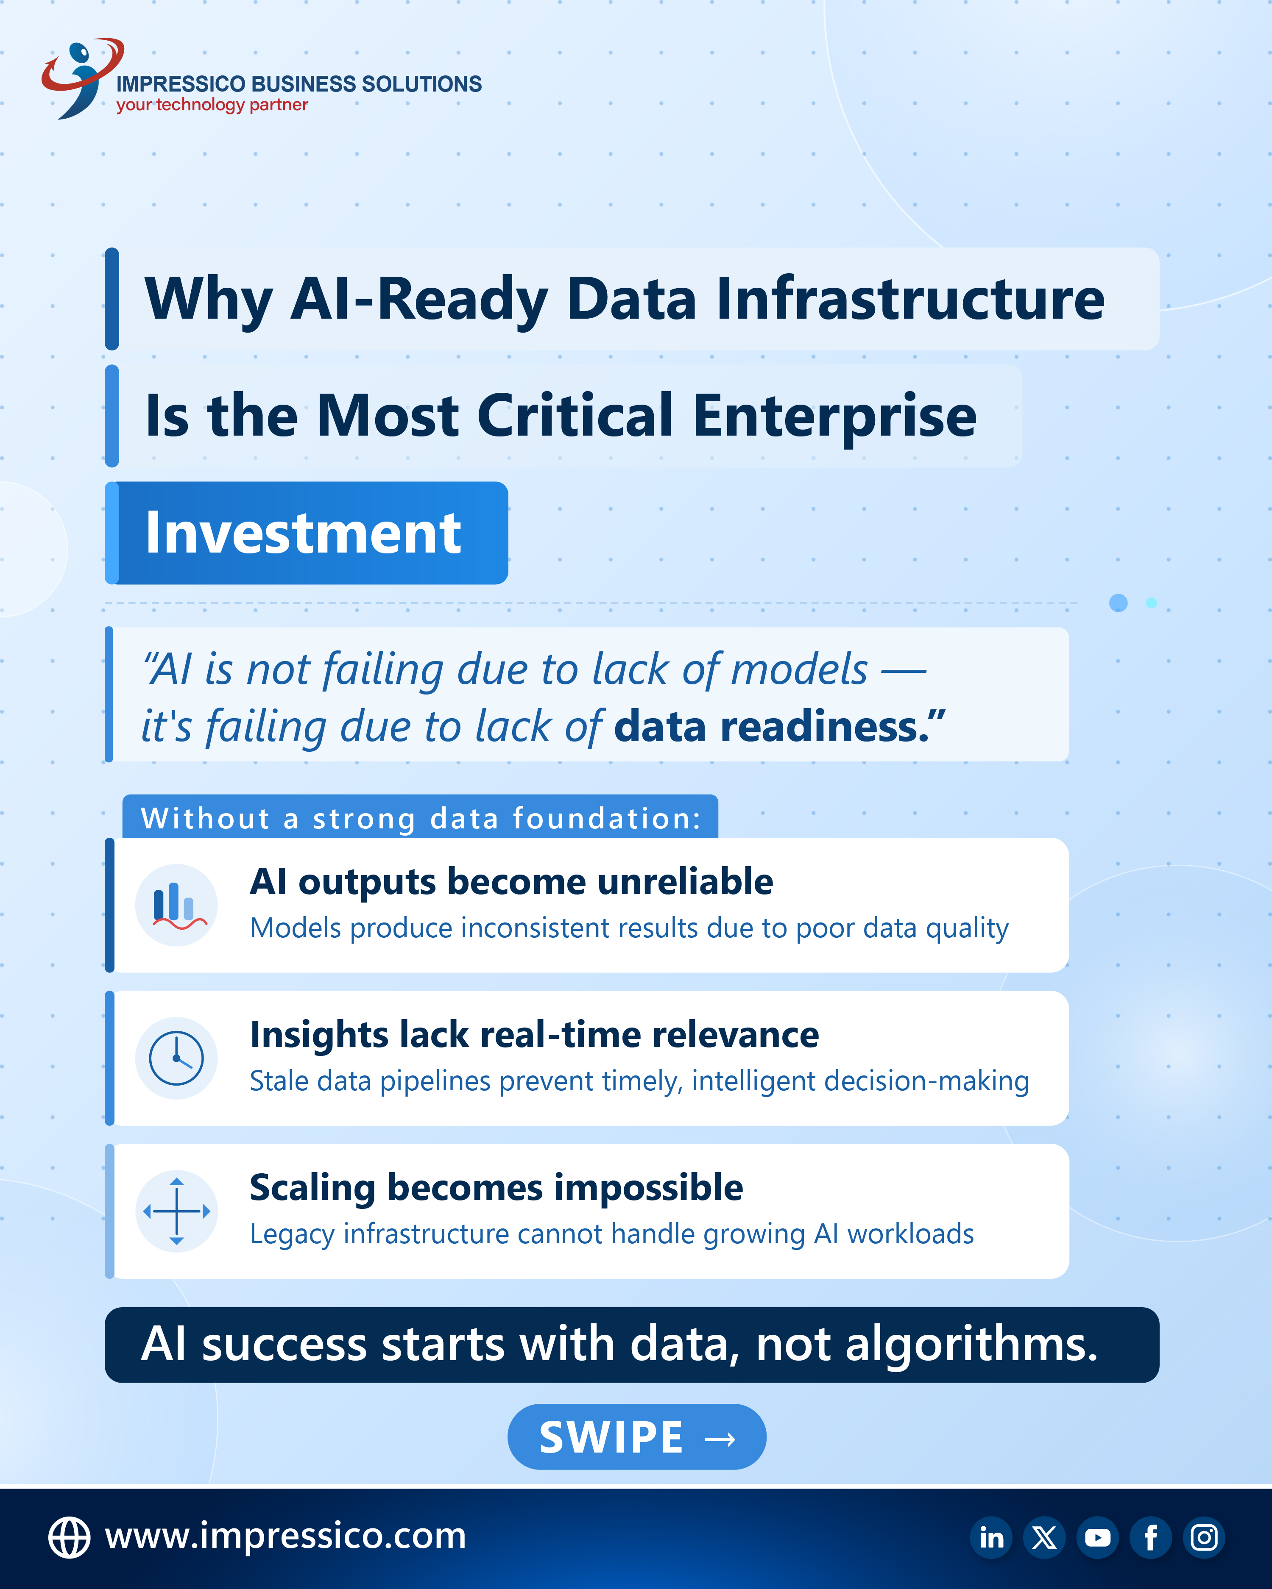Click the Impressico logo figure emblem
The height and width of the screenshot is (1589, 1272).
point(81,78)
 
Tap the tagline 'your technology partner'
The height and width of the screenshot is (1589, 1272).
point(212,105)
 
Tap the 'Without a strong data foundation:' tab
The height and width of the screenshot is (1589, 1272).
point(420,817)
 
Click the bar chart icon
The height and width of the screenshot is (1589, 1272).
point(177,905)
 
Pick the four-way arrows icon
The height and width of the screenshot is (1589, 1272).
point(177,1211)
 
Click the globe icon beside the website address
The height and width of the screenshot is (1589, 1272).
point(69,1537)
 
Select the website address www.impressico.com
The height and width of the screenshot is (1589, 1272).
point(285,1536)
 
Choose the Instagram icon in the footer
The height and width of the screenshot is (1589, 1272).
point(1204,1537)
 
